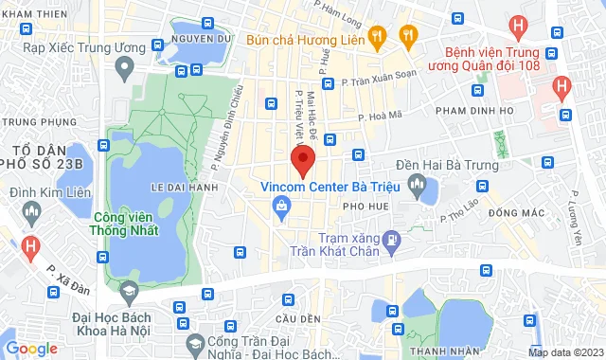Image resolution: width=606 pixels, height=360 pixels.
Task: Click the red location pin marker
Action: (x=302, y=160)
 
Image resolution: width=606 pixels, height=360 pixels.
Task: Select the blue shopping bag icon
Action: (x=281, y=207)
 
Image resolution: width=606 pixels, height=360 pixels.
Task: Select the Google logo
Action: (x=31, y=349)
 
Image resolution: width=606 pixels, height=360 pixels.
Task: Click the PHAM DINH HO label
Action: (x=473, y=112)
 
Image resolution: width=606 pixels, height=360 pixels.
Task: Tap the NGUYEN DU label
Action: (x=202, y=39)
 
